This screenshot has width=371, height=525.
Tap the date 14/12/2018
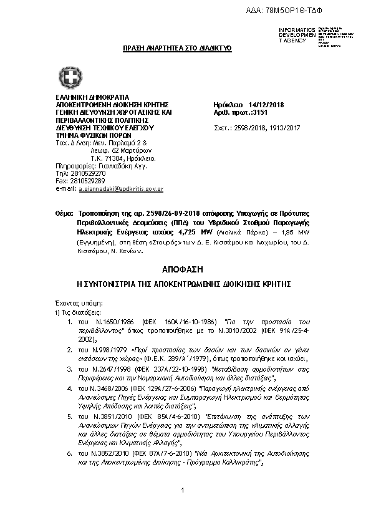click(x=266, y=105)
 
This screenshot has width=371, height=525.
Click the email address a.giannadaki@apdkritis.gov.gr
click(x=120, y=188)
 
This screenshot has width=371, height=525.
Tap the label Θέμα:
click(x=64, y=213)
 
